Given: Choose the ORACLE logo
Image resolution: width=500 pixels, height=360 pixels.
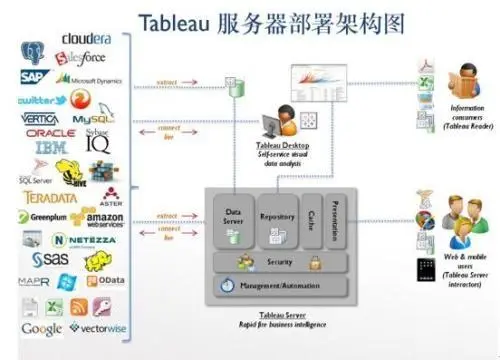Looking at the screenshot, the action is (50, 133).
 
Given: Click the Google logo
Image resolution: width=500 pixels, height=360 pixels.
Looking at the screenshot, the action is (41, 328).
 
